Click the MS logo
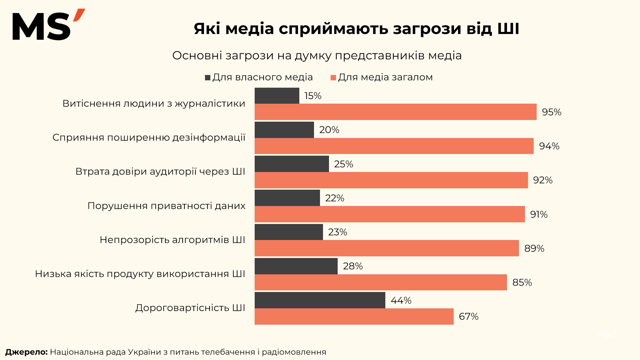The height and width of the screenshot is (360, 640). pos(48,25)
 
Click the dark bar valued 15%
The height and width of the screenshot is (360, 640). pos(277,96)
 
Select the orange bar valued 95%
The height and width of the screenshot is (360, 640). pos(395,112)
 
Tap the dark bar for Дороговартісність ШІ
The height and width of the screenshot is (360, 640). pos(320,300)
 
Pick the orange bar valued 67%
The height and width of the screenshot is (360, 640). pos(354,316)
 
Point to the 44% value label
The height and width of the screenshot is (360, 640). pos(401,301)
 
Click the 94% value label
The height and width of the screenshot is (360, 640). pos(549,146)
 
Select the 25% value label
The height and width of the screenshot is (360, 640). pos(343,164)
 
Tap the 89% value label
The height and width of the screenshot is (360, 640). pos(534,248)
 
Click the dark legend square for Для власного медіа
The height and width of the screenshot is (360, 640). pos(208,78)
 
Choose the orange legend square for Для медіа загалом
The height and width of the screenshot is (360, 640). pos(333,78)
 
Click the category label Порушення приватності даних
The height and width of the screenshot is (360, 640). pos(166,206)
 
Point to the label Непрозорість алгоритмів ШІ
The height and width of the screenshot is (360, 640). pos(172,240)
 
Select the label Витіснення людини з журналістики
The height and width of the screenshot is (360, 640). pos(154,103)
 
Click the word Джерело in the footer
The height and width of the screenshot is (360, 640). pos(26,352)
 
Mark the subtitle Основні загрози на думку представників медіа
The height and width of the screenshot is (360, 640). pos(317,55)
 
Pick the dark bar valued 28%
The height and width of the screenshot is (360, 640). pos(296,266)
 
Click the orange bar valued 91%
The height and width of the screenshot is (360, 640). pos(389,214)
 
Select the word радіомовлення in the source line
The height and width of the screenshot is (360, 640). pos(294,352)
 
